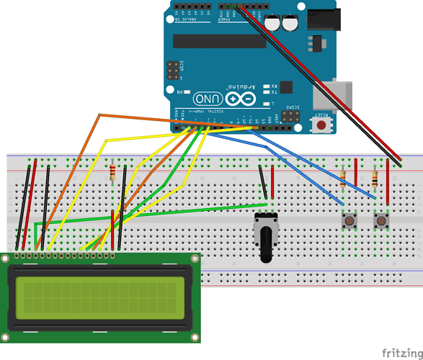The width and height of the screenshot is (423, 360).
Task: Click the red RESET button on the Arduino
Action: click(321, 125)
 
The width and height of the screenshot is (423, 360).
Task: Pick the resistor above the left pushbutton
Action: click(343, 176)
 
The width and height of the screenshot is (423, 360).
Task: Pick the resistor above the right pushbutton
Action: click(374, 176)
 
